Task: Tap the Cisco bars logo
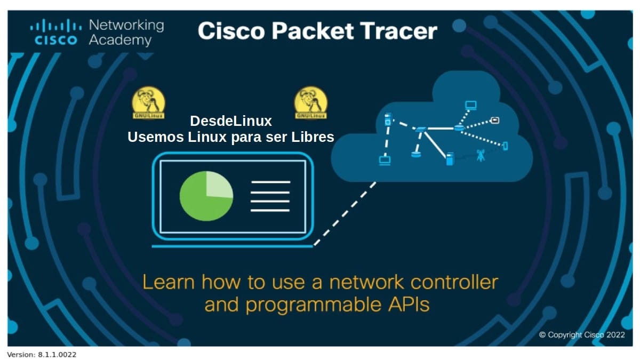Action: coord(55,32)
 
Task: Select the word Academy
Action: coord(120,40)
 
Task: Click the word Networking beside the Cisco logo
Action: coord(126,25)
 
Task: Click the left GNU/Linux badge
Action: coord(148,102)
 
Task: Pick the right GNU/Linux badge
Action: coord(311,102)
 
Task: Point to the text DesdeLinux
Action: coord(230,122)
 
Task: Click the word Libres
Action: coord(313,137)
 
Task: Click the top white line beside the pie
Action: coord(270,182)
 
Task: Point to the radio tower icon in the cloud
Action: coord(481,156)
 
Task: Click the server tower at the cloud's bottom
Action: coord(449,158)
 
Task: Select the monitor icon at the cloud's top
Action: coord(470,105)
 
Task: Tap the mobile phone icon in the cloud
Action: coord(505,145)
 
